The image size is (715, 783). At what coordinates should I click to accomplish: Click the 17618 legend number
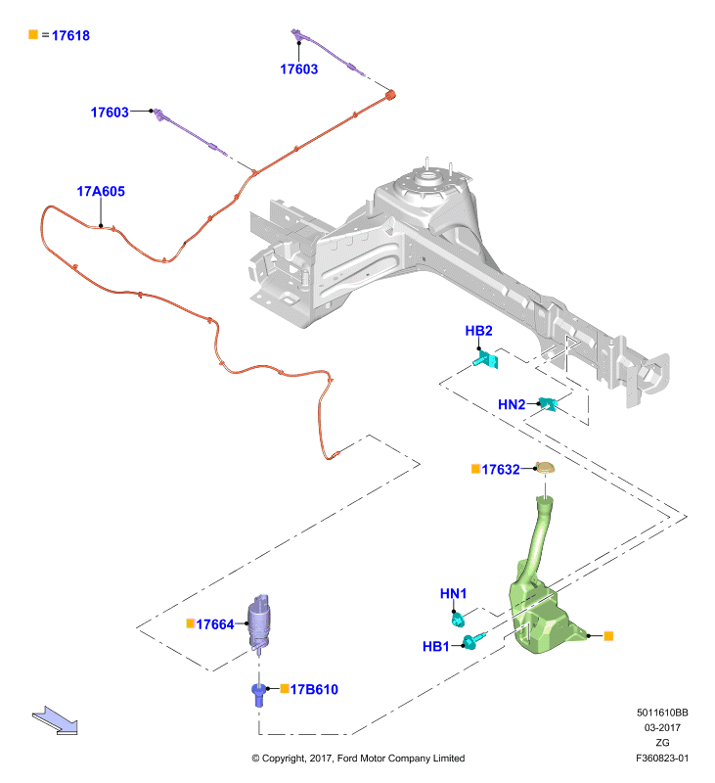70,35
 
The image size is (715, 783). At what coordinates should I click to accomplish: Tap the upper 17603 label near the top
299,69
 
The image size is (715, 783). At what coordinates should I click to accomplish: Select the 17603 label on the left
110,113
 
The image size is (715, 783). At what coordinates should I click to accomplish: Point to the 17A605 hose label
101,191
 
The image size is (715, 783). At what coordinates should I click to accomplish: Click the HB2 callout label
478,331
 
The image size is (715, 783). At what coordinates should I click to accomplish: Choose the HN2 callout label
512,404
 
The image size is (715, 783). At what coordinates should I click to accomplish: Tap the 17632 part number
501,470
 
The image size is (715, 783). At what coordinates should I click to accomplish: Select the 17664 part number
215,624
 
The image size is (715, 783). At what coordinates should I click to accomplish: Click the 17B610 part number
314,690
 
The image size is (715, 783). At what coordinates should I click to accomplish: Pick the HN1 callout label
453,593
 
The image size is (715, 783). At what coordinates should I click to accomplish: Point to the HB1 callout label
436,646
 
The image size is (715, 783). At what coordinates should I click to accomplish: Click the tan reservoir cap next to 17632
545,468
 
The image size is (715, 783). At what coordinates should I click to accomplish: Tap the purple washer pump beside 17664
259,622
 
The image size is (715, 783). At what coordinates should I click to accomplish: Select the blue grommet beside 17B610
258,694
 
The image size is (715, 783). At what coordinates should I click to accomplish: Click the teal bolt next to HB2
486,359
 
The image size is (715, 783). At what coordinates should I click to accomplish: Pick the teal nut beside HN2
548,404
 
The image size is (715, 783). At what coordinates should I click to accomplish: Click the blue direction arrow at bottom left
55,720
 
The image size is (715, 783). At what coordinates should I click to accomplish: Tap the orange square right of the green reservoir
608,635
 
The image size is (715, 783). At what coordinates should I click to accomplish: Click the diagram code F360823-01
661,758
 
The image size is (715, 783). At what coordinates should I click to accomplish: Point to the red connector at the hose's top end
390,94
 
